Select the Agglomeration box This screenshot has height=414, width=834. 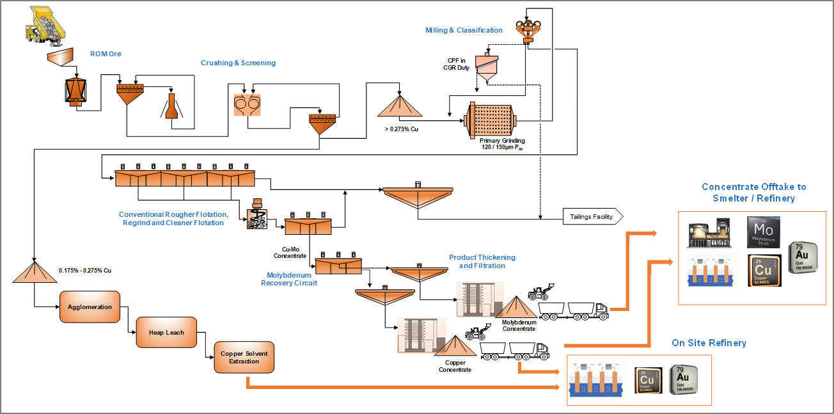90,307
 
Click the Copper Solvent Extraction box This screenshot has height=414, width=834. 244,358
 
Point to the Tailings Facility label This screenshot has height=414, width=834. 591,217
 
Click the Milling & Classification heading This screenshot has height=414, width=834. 464,30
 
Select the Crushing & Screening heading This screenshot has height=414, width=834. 238,63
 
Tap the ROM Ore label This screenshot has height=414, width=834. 106,54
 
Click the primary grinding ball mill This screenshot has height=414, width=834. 491,119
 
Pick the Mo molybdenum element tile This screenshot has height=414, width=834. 763,232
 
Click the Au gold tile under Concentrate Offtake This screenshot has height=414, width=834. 805,257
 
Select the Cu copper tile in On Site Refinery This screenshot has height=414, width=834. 648,381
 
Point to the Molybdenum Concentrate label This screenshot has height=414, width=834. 519,326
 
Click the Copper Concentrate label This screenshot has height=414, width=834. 455,366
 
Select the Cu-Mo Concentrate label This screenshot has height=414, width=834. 290,252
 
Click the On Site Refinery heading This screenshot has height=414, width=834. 709,343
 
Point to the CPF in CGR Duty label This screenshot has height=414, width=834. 456,64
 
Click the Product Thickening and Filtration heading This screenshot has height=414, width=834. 482,261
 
